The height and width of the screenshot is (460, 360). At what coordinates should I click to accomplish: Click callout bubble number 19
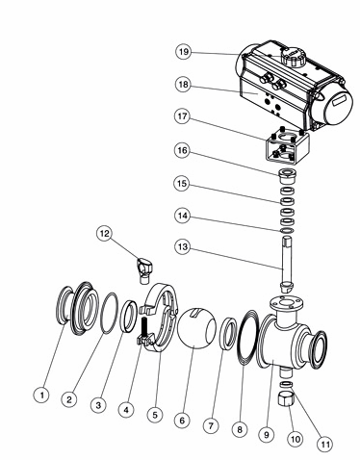[183, 52]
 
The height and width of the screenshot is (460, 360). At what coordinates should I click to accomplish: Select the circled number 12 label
[105, 234]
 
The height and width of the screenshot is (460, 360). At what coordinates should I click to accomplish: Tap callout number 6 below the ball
[182, 421]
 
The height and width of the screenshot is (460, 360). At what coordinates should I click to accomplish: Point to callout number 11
[325, 445]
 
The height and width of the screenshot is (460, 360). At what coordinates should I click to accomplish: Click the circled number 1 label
[41, 395]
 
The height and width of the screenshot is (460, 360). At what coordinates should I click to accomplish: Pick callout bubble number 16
[182, 150]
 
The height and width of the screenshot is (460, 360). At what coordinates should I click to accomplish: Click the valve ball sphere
[196, 327]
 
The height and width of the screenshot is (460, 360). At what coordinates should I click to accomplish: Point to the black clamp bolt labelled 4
[143, 329]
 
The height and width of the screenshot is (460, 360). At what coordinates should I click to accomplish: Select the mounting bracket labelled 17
[287, 146]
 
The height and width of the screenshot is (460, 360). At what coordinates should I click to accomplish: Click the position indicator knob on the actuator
[293, 57]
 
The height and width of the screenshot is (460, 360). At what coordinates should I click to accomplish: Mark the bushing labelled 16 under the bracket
[287, 175]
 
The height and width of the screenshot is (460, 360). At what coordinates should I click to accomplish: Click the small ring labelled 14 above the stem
[287, 231]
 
